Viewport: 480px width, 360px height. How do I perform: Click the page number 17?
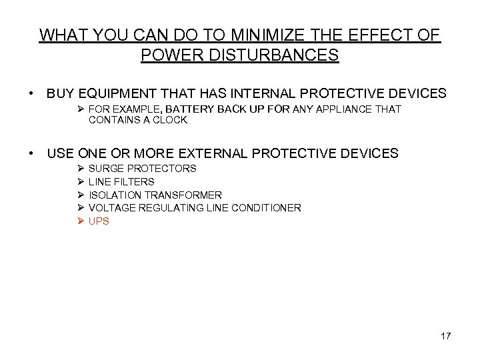click(445, 336)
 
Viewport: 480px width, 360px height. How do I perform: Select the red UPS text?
click(99, 221)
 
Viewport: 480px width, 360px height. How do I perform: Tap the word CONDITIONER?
click(266, 208)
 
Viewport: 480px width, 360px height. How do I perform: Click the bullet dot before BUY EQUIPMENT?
click(32, 91)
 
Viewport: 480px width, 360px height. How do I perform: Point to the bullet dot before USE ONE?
click(32, 153)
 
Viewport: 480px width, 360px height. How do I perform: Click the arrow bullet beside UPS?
click(81, 221)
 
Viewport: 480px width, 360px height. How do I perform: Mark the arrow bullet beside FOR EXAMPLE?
click(81, 109)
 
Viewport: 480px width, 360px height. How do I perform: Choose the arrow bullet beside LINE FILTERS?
click(81, 181)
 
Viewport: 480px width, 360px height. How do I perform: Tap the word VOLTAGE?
click(111, 208)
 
